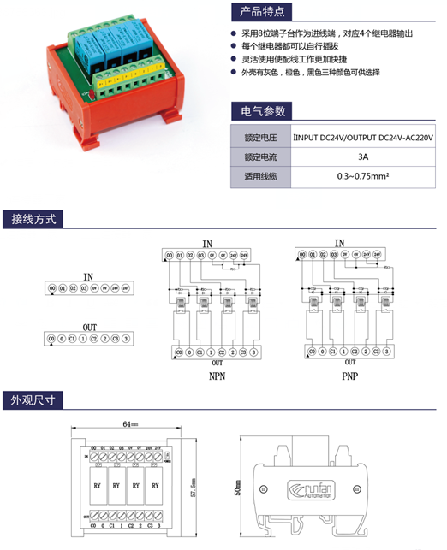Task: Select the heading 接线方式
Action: [x=33, y=219]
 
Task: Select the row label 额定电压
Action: [x=260, y=137]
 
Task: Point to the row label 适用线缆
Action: [x=260, y=177]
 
